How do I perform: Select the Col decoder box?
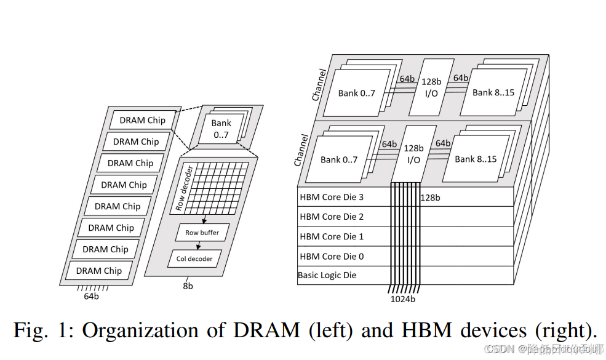pos(194,258)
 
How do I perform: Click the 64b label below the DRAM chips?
pos(91,296)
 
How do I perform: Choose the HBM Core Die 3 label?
pos(331,197)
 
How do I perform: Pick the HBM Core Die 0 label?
pos(331,256)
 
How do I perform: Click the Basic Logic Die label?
pos(327,275)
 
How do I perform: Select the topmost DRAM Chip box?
pos(142,120)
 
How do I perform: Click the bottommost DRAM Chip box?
pos(98,270)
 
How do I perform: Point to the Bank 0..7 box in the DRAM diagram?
pos(221,128)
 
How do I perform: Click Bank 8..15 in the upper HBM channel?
pos(493,92)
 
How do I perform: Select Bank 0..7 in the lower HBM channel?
pos(339,159)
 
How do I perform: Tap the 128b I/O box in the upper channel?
pos(431,87)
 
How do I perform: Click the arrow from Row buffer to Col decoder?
pos(198,246)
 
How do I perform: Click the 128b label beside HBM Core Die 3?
pos(430,198)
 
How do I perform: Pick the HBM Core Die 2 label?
pos(331,217)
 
